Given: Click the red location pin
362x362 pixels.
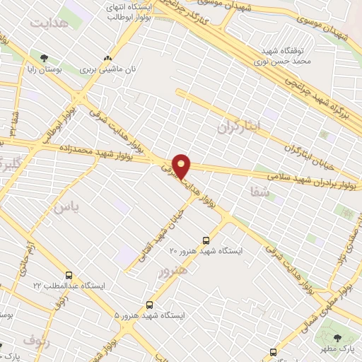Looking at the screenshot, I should click(182, 166).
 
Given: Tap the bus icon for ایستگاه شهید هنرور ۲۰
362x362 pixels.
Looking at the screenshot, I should click(206, 240).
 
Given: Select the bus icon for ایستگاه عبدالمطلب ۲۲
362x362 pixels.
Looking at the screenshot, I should click(69, 275).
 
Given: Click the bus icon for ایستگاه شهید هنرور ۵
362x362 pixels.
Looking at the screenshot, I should click(148, 305).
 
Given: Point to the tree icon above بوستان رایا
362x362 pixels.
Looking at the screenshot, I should click(45, 58).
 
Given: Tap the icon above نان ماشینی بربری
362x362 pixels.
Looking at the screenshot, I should click(107, 59).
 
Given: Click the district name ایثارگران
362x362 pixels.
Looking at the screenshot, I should click(240, 127).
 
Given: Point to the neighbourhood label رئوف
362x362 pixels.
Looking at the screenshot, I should click(37, 340).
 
